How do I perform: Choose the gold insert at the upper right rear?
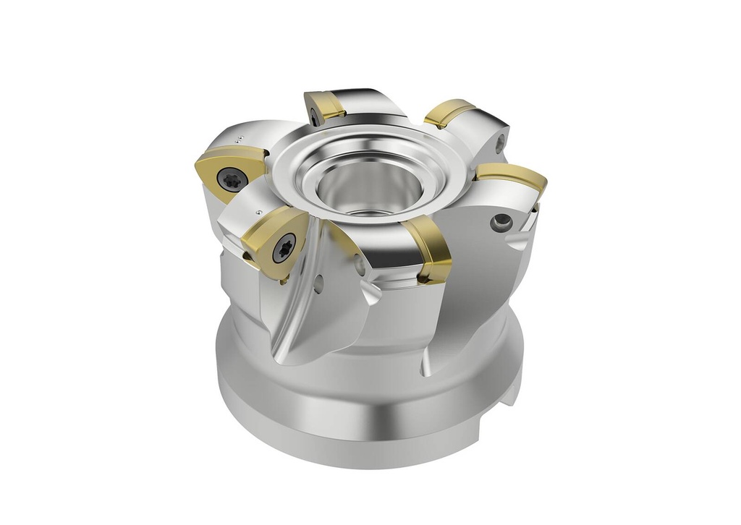(449, 112)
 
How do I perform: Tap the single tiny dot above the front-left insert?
(259, 213)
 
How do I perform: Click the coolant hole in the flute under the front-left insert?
(318, 284)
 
